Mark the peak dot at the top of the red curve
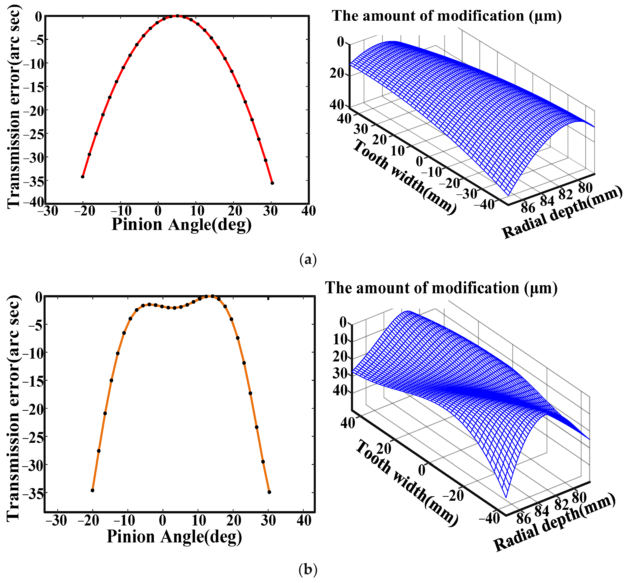coord(177,16)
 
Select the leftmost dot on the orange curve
coord(92,490)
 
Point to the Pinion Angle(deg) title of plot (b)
coord(174,536)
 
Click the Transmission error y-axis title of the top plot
coord(13,107)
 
